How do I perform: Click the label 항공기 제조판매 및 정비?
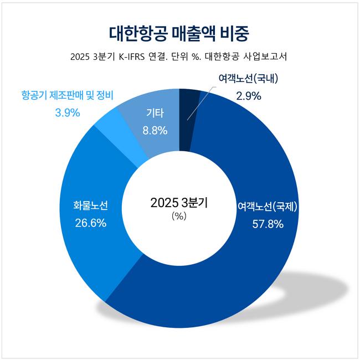pyautogui.click(x=67, y=95)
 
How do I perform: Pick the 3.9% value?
pyautogui.click(x=68, y=112)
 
